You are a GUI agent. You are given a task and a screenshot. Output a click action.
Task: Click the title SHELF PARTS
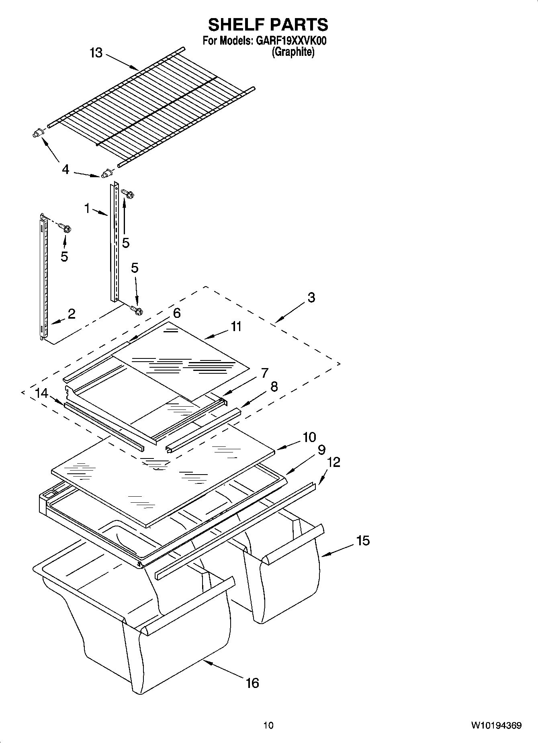click(268, 25)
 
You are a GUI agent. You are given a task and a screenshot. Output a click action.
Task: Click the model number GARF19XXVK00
click(289, 41)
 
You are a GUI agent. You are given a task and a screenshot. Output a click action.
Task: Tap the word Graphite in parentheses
click(293, 52)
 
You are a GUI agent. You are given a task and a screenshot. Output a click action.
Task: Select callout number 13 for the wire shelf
click(96, 53)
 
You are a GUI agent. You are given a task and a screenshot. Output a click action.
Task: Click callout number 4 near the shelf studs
click(65, 169)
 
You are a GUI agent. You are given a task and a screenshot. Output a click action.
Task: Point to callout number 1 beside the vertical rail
click(87, 208)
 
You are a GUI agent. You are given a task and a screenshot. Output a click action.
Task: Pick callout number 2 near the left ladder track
click(71, 314)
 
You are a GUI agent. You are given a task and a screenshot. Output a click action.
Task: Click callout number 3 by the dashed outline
click(311, 298)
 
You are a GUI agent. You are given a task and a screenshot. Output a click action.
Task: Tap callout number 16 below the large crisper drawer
click(252, 683)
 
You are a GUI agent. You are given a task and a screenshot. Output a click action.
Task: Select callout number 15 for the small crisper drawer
click(362, 540)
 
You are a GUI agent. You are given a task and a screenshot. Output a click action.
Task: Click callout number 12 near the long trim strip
click(333, 462)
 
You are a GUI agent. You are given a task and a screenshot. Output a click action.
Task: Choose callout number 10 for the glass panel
click(309, 437)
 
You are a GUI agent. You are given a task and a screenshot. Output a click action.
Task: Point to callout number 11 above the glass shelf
click(236, 327)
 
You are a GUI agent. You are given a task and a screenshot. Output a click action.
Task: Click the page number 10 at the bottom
click(268, 725)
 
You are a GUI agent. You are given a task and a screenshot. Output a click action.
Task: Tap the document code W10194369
click(496, 725)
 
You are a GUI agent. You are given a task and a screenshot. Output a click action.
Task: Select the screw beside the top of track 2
click(65, 228)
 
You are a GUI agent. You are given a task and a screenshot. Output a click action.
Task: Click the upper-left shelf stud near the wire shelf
click(37, 133)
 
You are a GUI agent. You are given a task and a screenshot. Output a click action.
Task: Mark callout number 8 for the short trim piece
click(274, 387)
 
